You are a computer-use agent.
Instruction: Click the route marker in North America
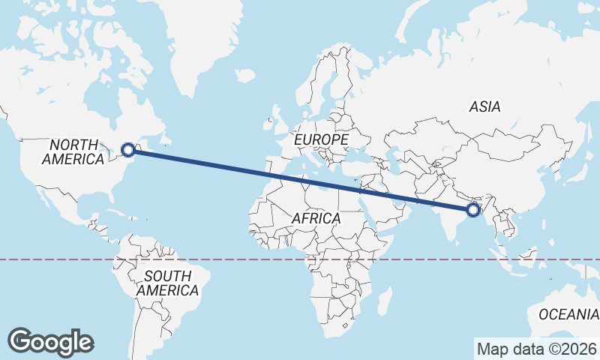tap(128, 150)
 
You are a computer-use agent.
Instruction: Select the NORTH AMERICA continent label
tap(73, 151)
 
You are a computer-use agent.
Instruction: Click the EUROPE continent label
tap(321, 140)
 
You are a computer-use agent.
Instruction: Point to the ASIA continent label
tap(484, 107)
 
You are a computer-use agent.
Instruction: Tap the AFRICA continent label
tap(316, 218)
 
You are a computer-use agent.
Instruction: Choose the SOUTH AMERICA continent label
tap(168, 283)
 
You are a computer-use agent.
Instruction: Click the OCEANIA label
tap(568, 313)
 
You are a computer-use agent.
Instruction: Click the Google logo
tap(50, 342)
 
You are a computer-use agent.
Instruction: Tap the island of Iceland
tap(244, 75)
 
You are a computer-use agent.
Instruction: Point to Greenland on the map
tap(187, 45)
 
